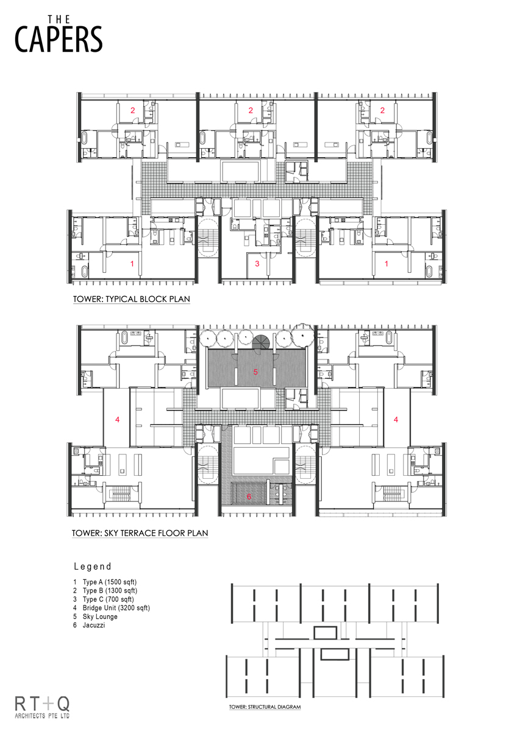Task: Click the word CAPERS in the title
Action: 59,39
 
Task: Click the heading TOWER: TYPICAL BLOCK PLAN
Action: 131,299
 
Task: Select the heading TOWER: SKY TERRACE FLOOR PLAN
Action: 140,533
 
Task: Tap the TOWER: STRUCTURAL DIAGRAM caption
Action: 265,707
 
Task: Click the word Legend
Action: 93,566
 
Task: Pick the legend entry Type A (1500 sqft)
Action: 110,582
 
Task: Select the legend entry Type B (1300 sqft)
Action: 110,590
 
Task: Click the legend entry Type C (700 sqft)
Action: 109,599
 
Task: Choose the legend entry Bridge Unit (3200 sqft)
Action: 116,608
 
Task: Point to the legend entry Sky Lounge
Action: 100,616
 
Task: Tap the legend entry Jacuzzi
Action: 94,625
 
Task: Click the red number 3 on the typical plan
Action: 257,263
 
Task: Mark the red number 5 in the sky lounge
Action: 255,372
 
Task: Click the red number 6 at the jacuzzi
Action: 249,496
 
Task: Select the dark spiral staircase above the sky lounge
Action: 260,342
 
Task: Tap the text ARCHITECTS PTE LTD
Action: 42,715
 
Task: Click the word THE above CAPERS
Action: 59,19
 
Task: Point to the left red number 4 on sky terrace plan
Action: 117,419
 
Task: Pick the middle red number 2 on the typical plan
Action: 251,110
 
